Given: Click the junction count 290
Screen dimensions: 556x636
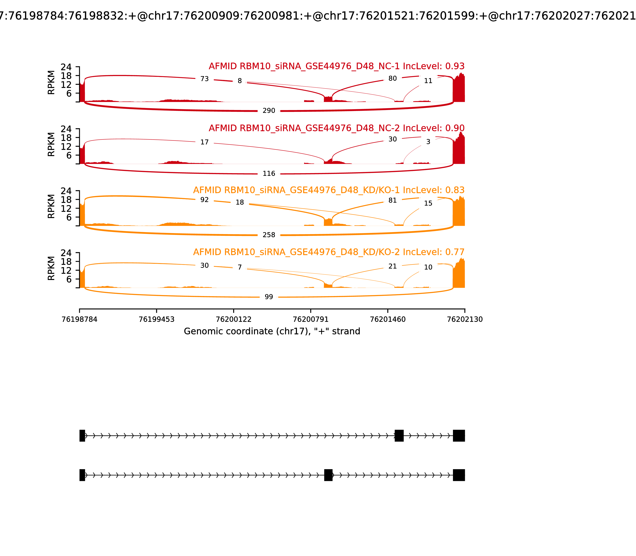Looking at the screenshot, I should tap(269, 111).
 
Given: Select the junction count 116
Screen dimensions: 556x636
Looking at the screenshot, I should tap(269, 173).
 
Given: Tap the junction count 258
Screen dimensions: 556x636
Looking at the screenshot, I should tap(269, 235).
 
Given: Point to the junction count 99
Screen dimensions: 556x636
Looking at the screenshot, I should tap(269, 297).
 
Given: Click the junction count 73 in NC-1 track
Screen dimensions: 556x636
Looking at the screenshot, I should tap(204, 79).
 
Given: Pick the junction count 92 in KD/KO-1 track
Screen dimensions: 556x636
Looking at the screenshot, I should tap(204, 200).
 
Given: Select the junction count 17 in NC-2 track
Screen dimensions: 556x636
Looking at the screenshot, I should tap(204, 142).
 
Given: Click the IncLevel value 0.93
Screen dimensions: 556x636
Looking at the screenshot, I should tap(455, 66).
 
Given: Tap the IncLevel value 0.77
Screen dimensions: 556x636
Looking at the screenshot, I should tap(455, 252).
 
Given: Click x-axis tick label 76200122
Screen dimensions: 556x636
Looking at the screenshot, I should tap(234, 319).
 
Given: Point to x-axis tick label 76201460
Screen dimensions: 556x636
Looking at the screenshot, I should tap(388, 319).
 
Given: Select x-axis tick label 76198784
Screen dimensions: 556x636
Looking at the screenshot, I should tap(79, 319).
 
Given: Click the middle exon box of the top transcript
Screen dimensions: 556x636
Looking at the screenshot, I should tap(399, 436).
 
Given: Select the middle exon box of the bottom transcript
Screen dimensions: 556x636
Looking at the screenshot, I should tap(328, 475).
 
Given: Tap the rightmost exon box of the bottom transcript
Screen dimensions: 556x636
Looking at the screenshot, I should tap(459, 475).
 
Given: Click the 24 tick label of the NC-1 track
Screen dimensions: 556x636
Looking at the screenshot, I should tap(66, 67).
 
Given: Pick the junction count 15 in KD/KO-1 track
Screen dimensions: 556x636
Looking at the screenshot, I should tap(428, 203).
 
